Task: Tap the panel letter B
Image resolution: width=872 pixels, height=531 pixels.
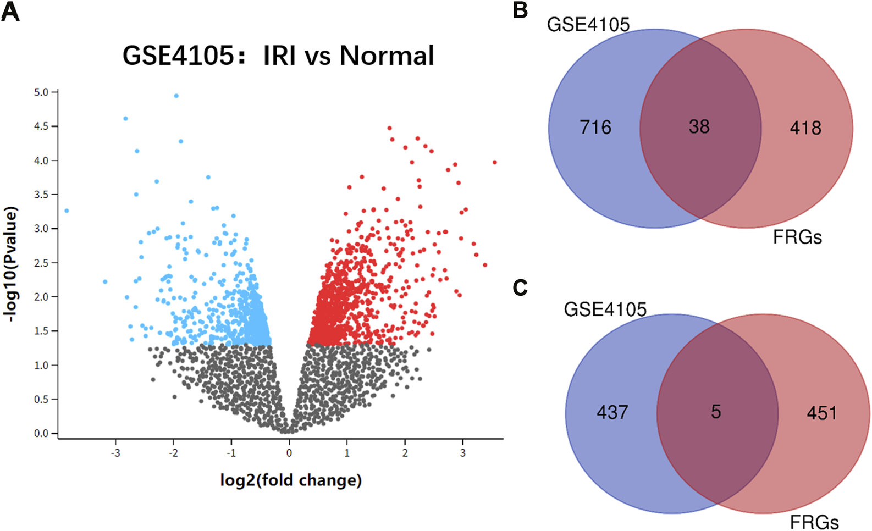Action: [x=520, y=10]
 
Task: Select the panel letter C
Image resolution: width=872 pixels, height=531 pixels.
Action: [x=520, y=287]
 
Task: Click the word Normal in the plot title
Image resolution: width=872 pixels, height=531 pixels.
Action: [x=387, y=56]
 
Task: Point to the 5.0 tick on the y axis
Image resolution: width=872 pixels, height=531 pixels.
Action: [x=42, y=92]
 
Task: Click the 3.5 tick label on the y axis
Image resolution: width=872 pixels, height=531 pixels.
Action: [x=42, y=195]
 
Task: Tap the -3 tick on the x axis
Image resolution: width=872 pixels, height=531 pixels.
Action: [x=115, y=453]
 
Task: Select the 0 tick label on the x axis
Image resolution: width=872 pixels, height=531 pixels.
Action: [x=289, y=453]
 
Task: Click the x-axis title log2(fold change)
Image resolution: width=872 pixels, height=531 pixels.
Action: [x=291, y=480]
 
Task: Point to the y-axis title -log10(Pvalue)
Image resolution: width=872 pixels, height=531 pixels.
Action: [x=10, y=264]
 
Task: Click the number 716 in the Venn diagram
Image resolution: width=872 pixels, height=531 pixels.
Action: [x=595, y=128]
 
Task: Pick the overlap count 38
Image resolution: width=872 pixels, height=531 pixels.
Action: [x=699, y=127]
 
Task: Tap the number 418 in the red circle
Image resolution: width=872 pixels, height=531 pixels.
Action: [x=805, y=128]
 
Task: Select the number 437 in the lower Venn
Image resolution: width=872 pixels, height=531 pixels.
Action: [x=612, y=412]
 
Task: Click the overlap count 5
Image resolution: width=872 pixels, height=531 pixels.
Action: [x=716, y=412]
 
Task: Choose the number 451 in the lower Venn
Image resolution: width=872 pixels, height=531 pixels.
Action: [x=822, y=413]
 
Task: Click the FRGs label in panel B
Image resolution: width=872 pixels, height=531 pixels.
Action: [x=797, y=237]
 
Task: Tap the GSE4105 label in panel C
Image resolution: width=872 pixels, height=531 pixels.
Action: [x=605, y=309]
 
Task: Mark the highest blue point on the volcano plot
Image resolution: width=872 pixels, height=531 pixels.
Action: [x=176, y=96]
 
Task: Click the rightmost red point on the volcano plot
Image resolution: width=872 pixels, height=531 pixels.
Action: [x=495, y=162]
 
